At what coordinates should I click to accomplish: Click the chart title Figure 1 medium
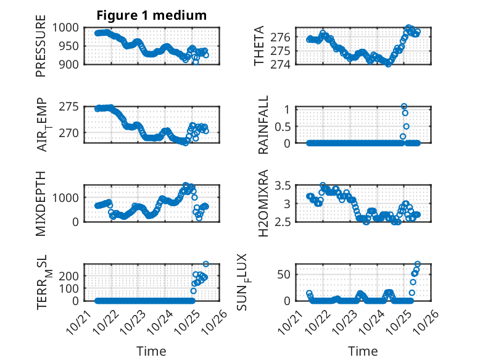pos(151,15)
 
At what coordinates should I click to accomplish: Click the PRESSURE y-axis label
pos(41,49)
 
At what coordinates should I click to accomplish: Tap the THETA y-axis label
pos(260,46)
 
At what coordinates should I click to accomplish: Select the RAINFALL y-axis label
pos(263,125)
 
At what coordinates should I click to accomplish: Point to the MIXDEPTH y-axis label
pos(41,203)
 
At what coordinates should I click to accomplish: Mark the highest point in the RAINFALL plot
pos(404,106)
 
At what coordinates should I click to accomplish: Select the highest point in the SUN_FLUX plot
pos(418,264)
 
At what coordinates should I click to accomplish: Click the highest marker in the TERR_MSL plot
pos(205,264)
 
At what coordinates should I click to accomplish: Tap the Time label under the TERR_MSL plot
pos(151,351)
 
